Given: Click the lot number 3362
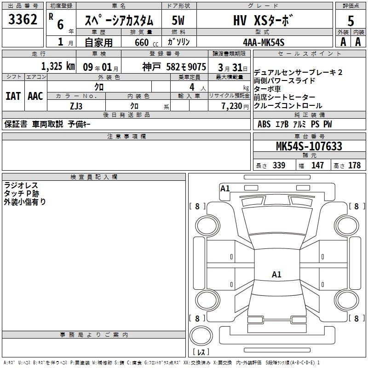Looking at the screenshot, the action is coord(23,19).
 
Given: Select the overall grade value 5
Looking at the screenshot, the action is coord(351,21).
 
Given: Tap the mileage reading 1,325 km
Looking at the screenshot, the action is coord(58,66).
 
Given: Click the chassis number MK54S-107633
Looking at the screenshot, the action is coord(309,146).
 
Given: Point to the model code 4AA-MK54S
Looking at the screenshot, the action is coord(264,42).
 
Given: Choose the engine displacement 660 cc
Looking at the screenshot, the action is coord(146,43).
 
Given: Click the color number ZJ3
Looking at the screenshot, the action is coord(76,106).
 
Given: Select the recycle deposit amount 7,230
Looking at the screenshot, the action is coord(232,106).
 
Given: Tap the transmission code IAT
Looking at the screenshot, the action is coord(13,96).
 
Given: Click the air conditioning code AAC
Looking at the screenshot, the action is coord(35,96).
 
